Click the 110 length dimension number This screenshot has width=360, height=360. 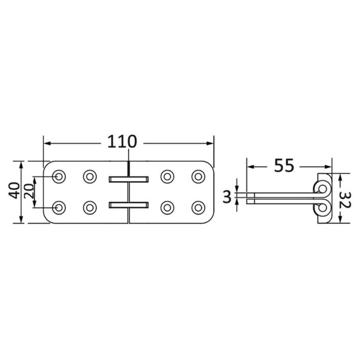(x=122, y=141)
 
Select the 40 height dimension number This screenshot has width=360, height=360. (x=14, y=190)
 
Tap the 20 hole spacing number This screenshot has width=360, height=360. (x=29, y=191)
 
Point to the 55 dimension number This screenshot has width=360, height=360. (x=284, y=165)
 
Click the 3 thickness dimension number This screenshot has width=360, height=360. (x=227, y=197)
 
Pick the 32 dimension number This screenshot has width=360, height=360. (x=345, y=200)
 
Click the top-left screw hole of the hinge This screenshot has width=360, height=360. (x=59, y=176)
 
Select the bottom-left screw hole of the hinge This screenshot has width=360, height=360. (x=59, y=208)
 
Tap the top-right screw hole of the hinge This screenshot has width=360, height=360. (x=198, y=176)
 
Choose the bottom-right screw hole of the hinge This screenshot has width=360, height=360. (x=198, y=208)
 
